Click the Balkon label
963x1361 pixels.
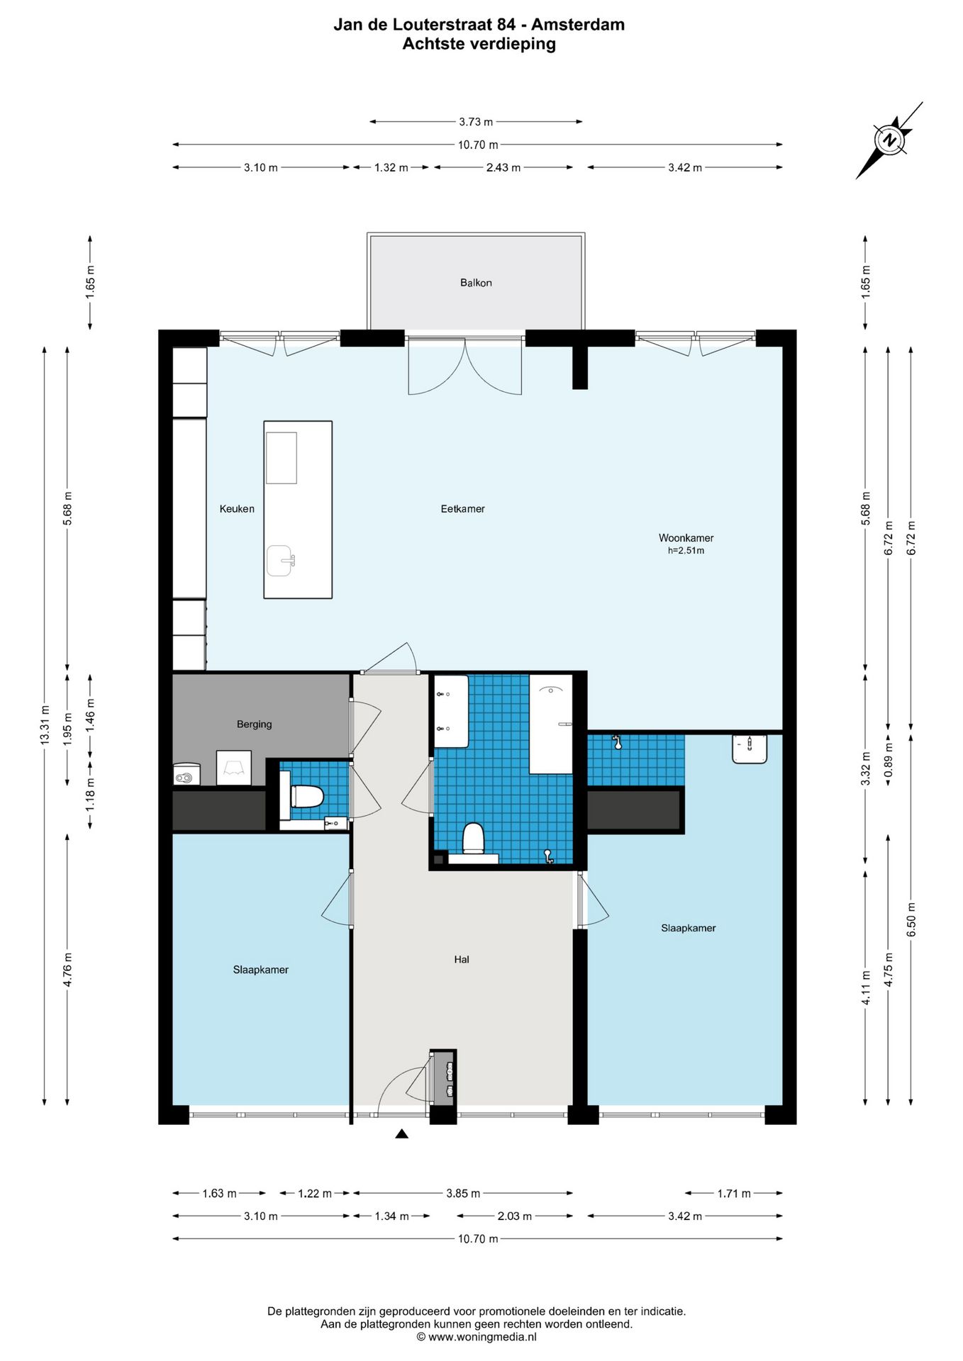coord(476,283)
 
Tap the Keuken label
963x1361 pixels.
coord(237,509)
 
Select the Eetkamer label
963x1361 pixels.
coord(463,509)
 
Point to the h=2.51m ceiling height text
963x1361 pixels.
coord(686,551)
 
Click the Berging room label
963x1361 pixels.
coord(255,724)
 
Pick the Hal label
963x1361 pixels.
coord(462,960)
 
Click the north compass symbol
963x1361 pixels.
coord(889,140)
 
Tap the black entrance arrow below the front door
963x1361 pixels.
coord(401,1134)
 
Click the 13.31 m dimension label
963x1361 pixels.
coord(45,724)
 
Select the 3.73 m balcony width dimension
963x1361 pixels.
coord(476,122)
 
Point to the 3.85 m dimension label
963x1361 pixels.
coord(463,1194)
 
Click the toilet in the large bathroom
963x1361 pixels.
coord(473,839)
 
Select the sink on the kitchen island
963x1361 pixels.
coord(282,561)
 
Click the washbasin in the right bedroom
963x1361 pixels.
coord(750,749)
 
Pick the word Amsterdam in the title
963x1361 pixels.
coord(578,25)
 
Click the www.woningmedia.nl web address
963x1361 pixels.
coord(482,1337)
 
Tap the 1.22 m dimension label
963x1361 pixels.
coord(315,1194)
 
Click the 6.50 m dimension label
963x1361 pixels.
coord(911,919)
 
